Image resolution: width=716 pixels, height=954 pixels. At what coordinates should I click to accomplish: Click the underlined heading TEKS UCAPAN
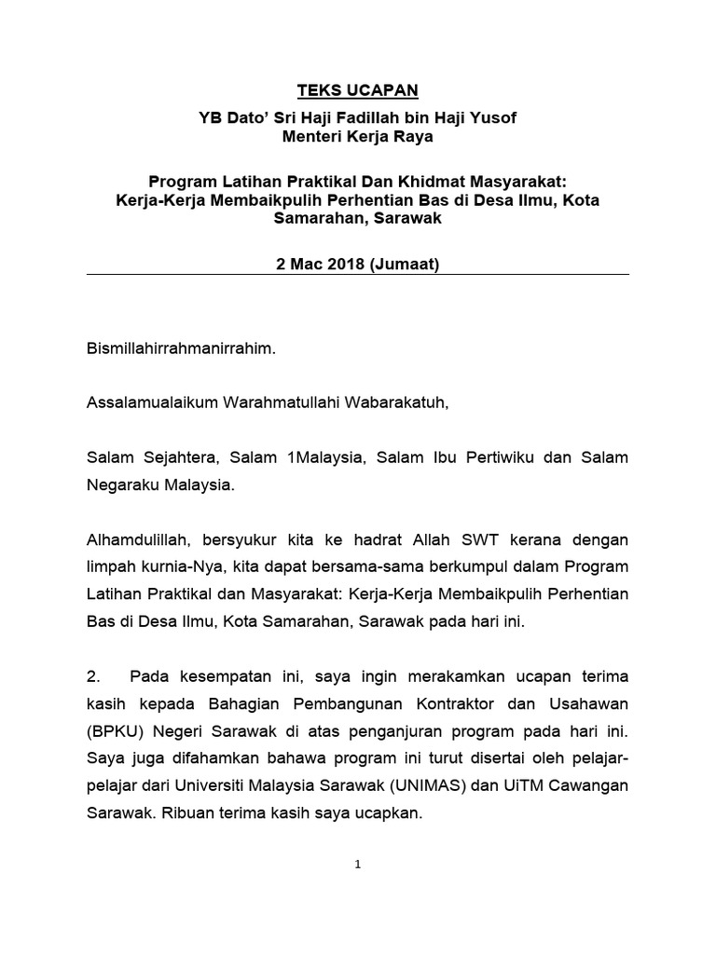(x=358, y=90)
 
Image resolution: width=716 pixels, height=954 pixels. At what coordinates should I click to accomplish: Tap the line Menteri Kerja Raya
(x=358, y=137)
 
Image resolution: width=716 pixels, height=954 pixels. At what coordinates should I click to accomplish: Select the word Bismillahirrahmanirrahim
(x=181, y=350)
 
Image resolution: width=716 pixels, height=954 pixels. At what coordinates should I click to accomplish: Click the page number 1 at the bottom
(x=357, y=865)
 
